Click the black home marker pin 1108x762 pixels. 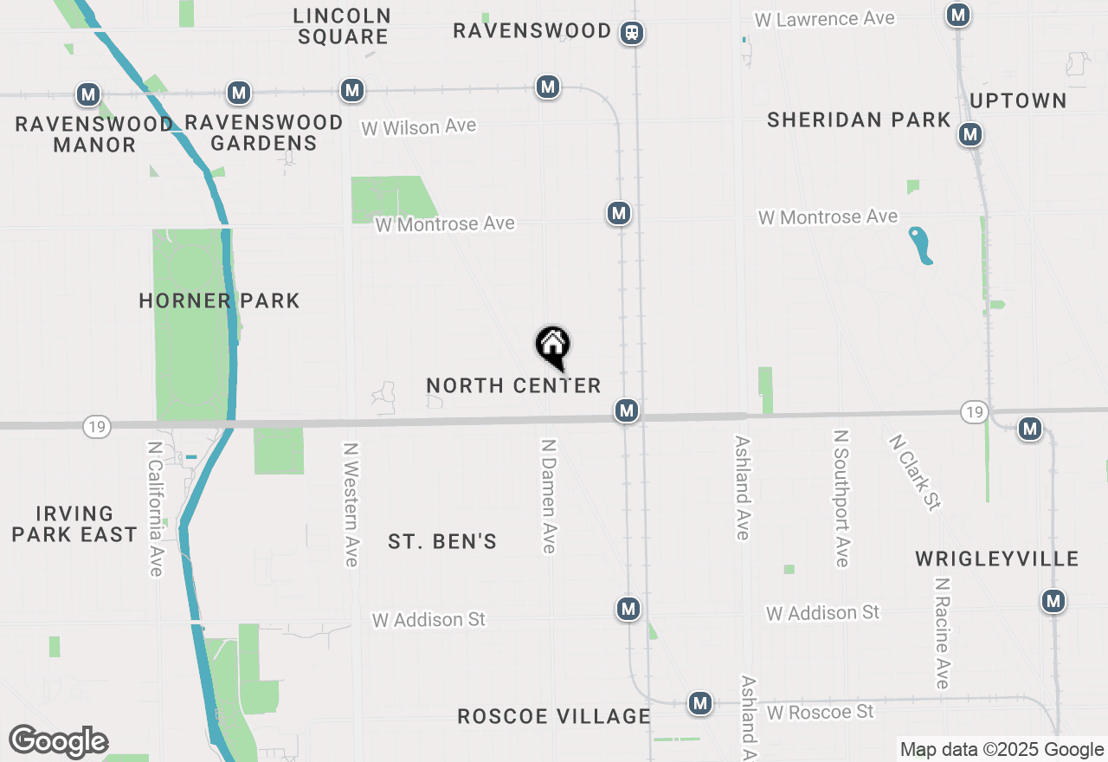tap(553, 345)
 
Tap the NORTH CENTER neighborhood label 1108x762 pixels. tap(513, 385)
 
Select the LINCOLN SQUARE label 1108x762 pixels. tap(342, 26)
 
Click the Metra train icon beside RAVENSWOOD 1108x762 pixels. tap(632, 33)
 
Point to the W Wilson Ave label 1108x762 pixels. tap(419, 126)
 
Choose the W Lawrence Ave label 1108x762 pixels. tap(824, 18)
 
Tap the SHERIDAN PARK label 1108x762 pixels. tap(859, 119)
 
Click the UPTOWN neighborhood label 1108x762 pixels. tap(1018, 100)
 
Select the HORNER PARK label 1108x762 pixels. tap(220, 300)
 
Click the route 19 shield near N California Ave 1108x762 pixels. tap(97, 426)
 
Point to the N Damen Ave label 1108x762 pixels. tap(548, 495)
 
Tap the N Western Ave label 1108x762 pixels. tap(351, 505)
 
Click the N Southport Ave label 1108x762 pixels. tap(841, 498)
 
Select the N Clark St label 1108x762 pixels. tap(914, 472)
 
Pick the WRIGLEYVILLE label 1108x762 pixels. tap(997, 559)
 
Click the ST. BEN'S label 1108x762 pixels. tap(442, 542)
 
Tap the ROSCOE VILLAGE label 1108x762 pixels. tap(554, 716)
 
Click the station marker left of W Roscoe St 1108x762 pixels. tap(700, 703)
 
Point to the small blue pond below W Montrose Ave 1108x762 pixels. tap(920, 245)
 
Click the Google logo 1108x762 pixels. tap(58, 742)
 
